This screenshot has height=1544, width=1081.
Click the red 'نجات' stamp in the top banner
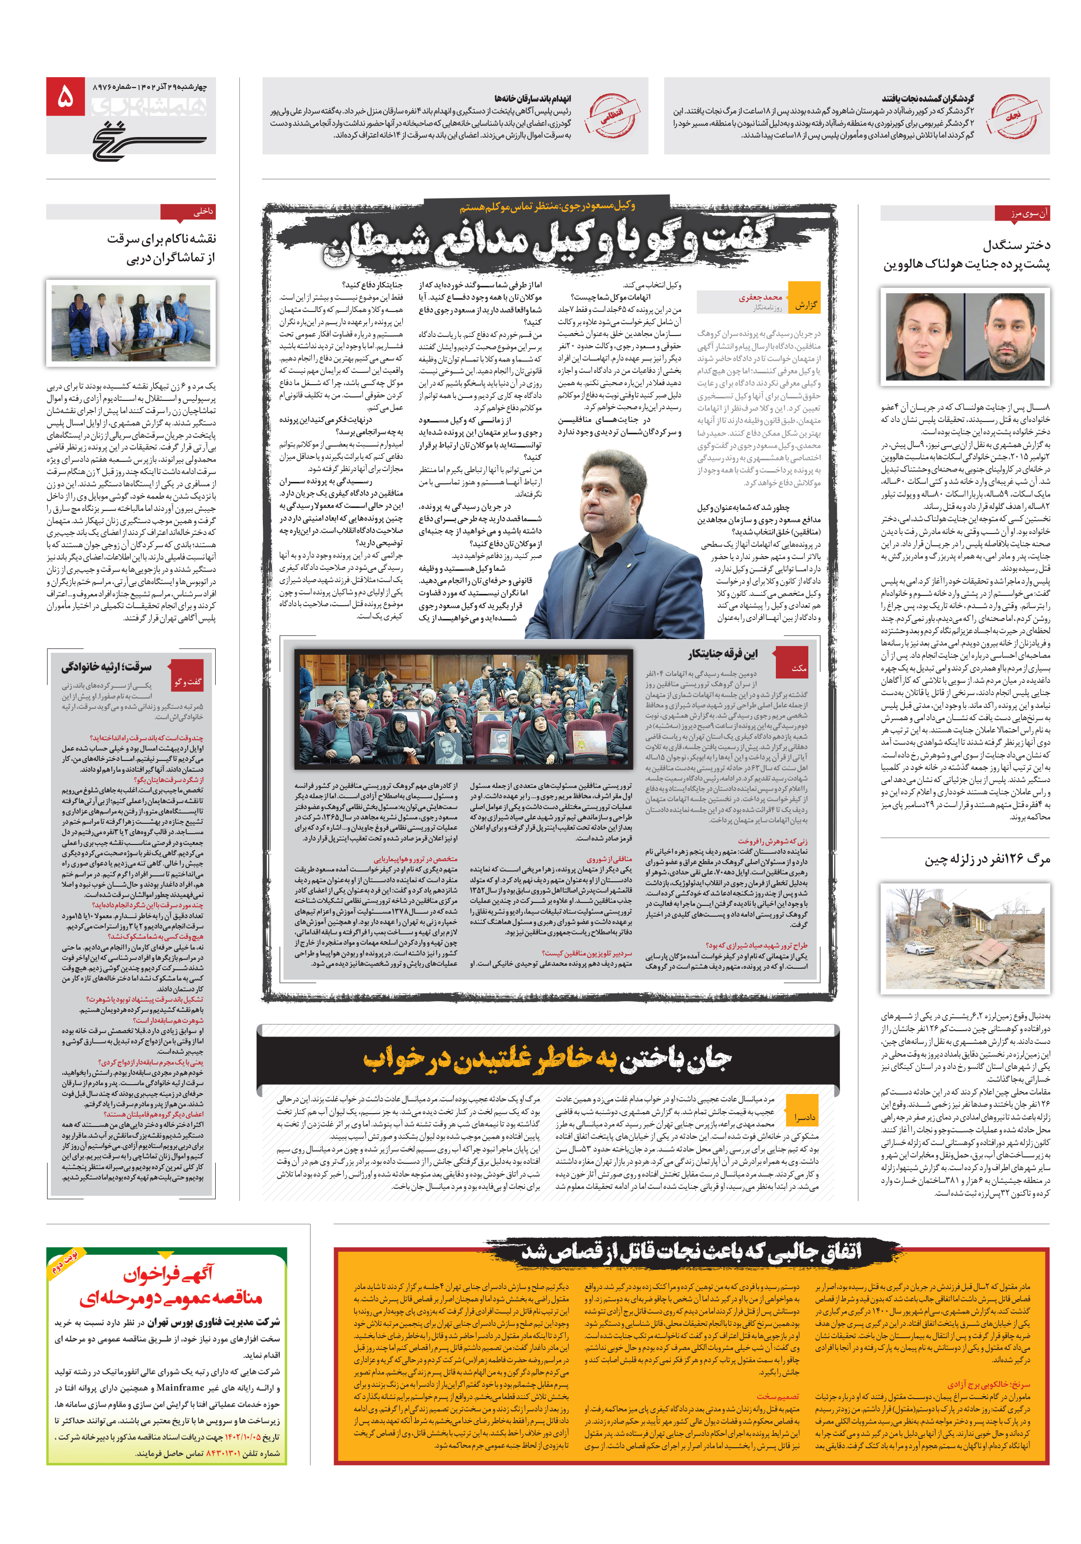click(x=1012, y=115)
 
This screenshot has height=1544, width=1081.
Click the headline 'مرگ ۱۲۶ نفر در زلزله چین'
click(x=986, y=859)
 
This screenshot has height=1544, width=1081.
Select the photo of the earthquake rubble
click(x=965, y=937)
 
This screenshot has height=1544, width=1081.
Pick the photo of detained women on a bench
click(x=131, y=323)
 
